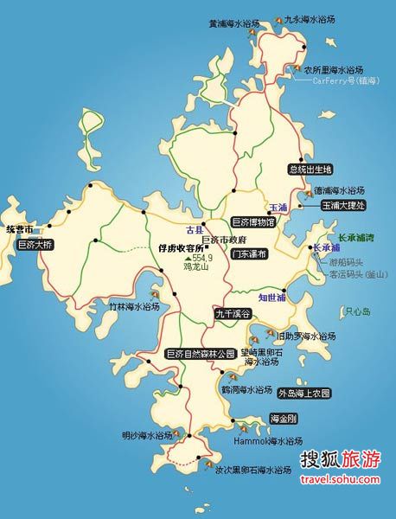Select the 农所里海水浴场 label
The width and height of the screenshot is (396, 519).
(333, 69)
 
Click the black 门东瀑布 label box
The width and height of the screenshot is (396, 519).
(250, 254)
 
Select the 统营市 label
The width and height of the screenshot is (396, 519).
(19, 229)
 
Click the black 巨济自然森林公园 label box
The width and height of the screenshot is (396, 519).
(201, 354)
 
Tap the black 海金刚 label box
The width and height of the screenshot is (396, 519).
(284, 420)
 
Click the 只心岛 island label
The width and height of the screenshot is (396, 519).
(357, 311)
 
